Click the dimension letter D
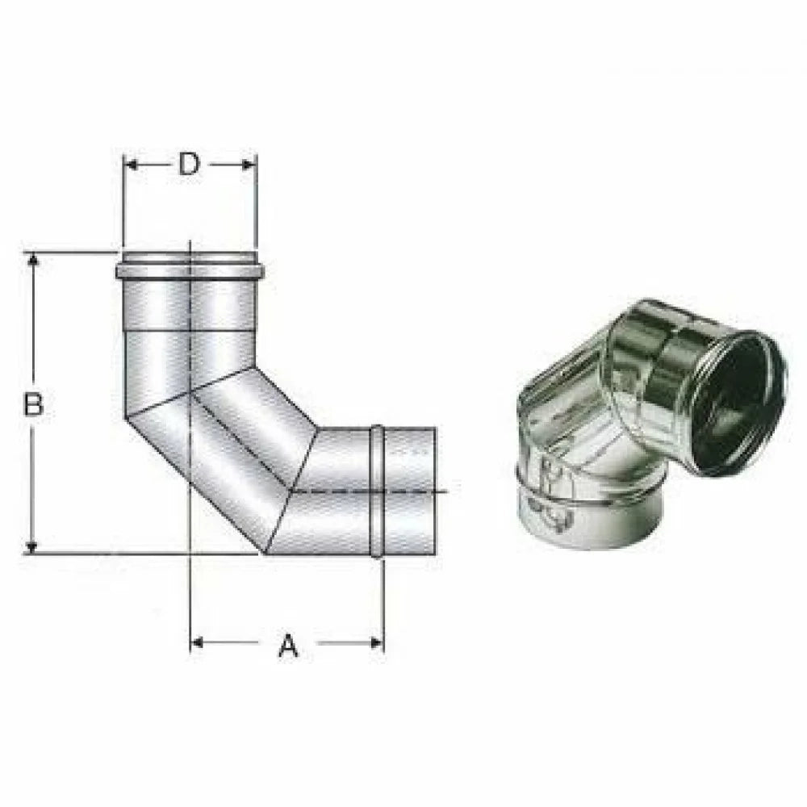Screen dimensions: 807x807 click(x=188, y=165)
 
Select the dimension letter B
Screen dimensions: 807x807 click(x=33, y=403)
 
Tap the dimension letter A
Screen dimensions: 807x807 click(x=288, y=646)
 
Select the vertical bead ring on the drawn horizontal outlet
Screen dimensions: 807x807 click(x=376, y=491)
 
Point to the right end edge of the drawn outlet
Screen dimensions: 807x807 click(x=436, y=491)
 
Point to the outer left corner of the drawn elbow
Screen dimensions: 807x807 click(x=126, y=417)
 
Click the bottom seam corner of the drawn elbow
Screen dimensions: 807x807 click(x=265, y=554)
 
